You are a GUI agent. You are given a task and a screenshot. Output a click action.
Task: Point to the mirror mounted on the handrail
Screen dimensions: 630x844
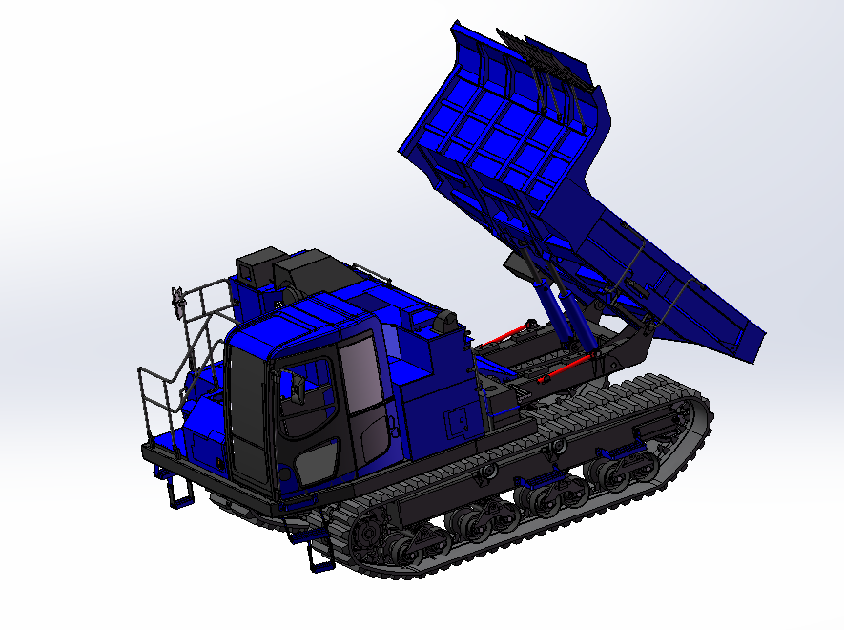[177, 301]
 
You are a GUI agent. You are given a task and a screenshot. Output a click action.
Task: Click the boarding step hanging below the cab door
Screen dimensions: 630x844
[318, 554]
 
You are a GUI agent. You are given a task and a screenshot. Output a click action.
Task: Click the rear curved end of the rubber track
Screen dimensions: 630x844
[701, 420]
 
